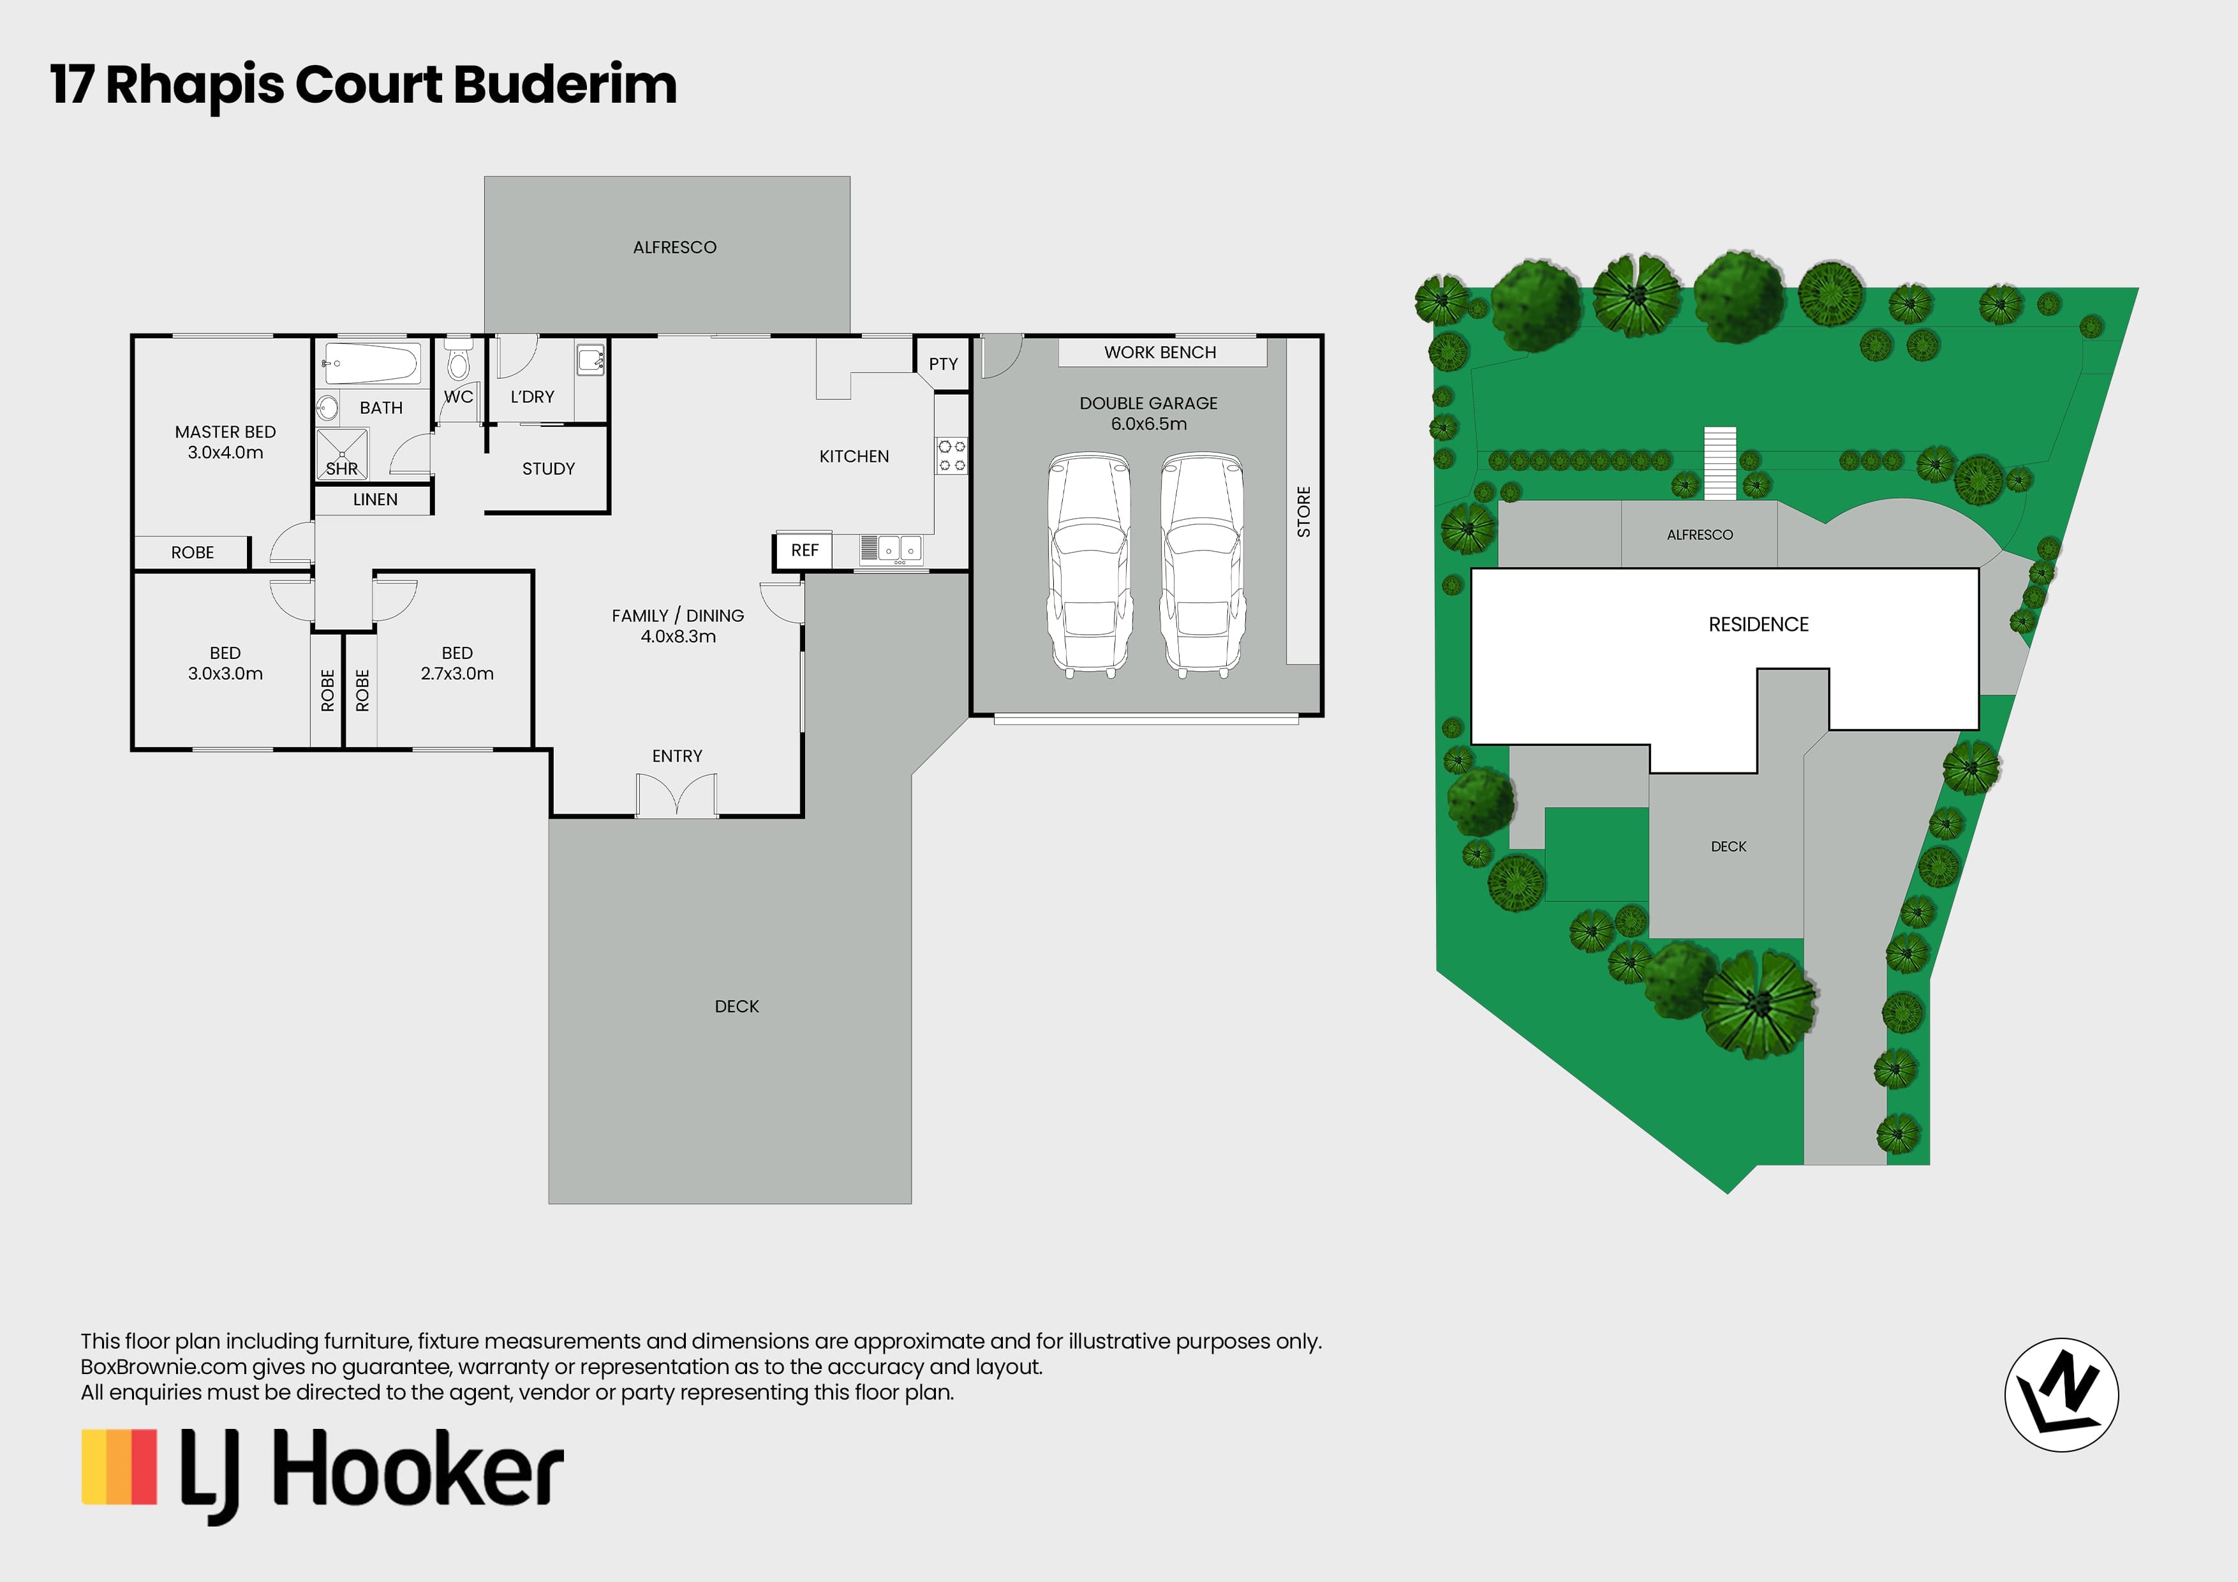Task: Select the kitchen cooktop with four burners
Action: (951, 456)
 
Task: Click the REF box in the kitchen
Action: (804, 551)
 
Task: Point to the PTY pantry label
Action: (942, 364)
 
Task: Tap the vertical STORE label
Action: (1303, 512)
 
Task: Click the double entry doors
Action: (676, 794)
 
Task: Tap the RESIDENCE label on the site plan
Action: (1758, 625)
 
